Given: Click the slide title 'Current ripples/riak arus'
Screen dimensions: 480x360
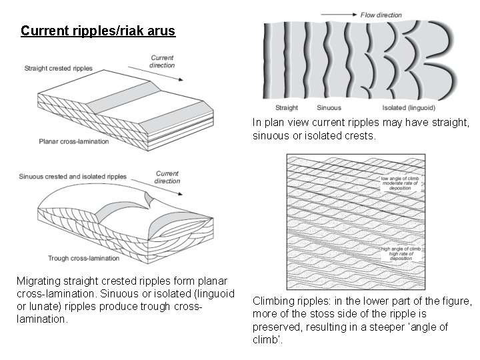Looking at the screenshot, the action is [x=98, y=31].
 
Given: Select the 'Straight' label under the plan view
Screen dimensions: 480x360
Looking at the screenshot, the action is [x=287, y=107].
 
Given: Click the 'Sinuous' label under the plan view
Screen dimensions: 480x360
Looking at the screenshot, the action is [x=329, y=107].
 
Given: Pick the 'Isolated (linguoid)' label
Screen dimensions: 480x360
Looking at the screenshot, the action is [x=409, y=107].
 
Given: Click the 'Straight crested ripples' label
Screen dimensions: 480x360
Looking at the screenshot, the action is [x=59, y=68].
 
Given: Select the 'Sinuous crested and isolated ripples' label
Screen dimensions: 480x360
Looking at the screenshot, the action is [x=73, y=177].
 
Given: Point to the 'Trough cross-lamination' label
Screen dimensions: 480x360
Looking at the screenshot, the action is [x=78, y=258].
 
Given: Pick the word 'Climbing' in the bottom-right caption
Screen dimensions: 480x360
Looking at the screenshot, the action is [x=275, y=301].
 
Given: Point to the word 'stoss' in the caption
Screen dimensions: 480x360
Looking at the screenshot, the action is [x=323, y=313].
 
